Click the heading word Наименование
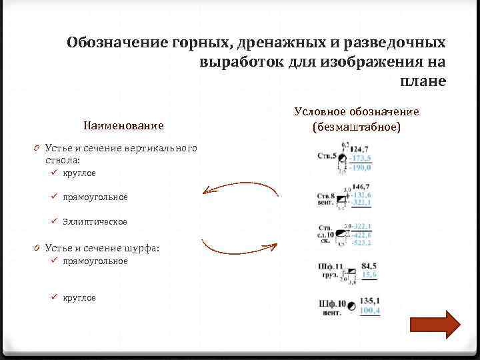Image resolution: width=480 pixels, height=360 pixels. point(123,125)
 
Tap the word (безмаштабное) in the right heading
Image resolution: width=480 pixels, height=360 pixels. point(356,125)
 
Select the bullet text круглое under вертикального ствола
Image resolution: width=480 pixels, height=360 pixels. point(79,173)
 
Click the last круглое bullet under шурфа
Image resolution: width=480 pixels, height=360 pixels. point(79,297)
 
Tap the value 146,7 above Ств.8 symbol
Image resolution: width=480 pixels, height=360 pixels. point(362,187)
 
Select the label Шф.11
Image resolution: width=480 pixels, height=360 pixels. point(331,267)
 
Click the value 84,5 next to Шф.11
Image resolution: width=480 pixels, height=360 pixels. point(369,266)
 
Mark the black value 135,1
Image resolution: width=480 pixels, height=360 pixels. point(370,301)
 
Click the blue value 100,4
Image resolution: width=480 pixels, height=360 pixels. point(370,311)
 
